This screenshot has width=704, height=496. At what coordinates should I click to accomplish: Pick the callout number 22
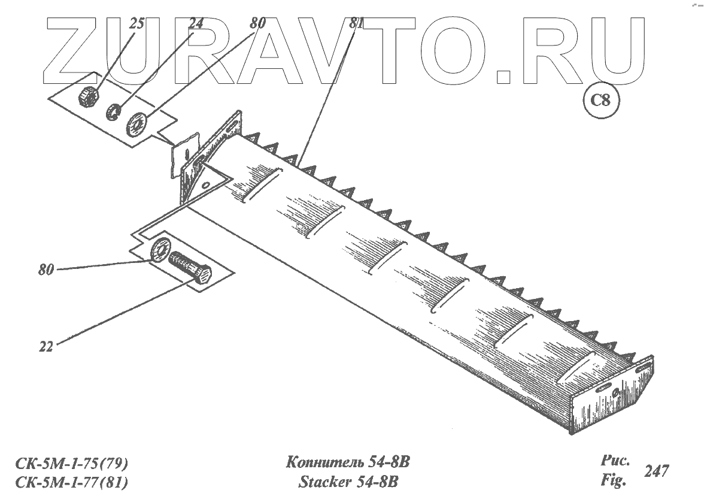tap(45, 346)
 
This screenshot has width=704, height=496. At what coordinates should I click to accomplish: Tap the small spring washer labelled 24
tap(113, 111)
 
